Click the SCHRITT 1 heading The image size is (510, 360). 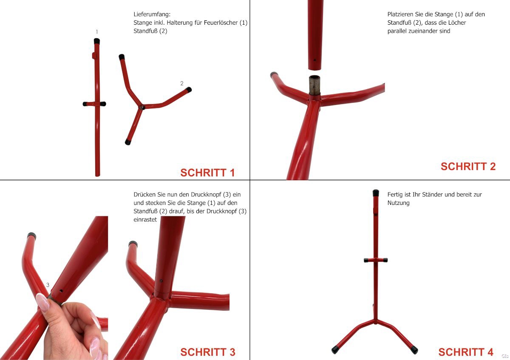207,173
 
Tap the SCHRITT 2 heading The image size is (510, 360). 468,167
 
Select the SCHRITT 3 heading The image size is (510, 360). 208,352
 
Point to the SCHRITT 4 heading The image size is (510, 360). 466,352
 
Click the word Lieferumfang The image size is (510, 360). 152,14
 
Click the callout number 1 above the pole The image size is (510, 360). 97,31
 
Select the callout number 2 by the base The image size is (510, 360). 182,83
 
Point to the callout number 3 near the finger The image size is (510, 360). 48,285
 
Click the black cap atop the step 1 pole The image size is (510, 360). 97,41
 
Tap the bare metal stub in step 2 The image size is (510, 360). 314,85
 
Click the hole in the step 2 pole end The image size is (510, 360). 314,60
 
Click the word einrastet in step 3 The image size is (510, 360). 145,219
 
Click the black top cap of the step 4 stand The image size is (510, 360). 376,193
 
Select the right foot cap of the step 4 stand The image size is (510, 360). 414,350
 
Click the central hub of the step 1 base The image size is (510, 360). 142,107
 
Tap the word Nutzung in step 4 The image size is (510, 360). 399,203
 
